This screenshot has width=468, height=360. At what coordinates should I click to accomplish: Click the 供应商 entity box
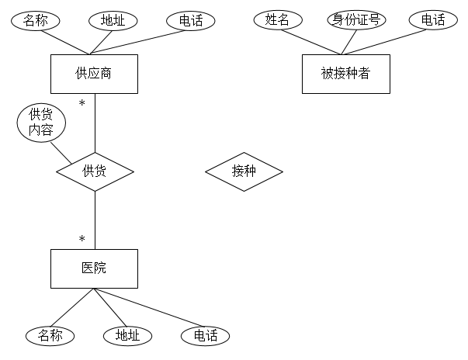pos(94,74)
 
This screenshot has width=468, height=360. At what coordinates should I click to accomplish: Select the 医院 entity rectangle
pos(94,268)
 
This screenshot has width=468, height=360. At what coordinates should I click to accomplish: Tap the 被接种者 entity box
pos(345,74)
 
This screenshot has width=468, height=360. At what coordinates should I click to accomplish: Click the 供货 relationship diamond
pos(94,171)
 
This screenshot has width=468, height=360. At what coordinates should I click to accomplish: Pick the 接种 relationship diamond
pos(244,171)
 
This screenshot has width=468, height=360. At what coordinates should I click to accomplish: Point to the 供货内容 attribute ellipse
pos(41,123)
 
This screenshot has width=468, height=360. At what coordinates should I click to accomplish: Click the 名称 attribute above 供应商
pos(36,21)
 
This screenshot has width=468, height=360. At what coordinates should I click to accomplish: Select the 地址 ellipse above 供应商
pos(113,21)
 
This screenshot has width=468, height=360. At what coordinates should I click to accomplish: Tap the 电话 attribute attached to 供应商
pos(190,21)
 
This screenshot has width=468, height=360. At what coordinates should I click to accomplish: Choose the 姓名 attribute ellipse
pos(277,20)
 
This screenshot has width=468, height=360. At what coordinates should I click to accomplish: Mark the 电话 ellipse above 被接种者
pos(433,20)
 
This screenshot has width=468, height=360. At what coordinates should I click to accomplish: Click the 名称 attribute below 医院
pos(50,335)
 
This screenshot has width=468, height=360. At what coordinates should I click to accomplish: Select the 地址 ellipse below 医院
pos(127,335)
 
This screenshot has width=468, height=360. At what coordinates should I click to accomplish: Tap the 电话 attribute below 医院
pos(205,335)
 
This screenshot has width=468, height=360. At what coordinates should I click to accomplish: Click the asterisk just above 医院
pos(81,239)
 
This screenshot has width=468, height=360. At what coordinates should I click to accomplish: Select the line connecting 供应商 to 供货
pos(95,124)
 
